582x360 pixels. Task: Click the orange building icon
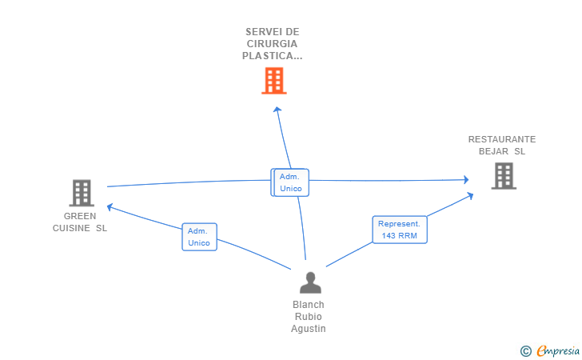click(x=274, y=81)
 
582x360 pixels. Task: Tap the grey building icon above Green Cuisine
click(x=82, y=193)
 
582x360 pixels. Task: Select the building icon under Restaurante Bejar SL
click(x=504, y=176)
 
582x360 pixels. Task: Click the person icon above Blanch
click(x=310, y=282)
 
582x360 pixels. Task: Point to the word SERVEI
click(x=260, y=32)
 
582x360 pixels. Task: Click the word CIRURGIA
click(x=272, y=44)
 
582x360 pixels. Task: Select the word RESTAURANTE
click(x=502, y=139)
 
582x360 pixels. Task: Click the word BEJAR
click(x=494, y=151)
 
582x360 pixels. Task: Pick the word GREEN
click(x=80, y=216)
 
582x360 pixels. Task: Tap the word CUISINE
click(x=71, y=228)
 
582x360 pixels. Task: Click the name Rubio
click(x=308, y=317)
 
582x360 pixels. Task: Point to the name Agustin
click(x=308, y=329)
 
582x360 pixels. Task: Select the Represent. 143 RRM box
click(x=400, y=230)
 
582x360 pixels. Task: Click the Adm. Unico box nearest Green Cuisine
click(x=199, y=237)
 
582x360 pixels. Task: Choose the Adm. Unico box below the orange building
click(x=291, y=182)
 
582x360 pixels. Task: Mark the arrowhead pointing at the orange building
click(x=277, y=110)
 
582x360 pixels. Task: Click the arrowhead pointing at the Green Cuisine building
click(x=110, y=207)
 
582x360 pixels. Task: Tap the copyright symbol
click(x=525, y=351)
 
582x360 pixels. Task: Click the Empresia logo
click(x=558, y=350)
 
